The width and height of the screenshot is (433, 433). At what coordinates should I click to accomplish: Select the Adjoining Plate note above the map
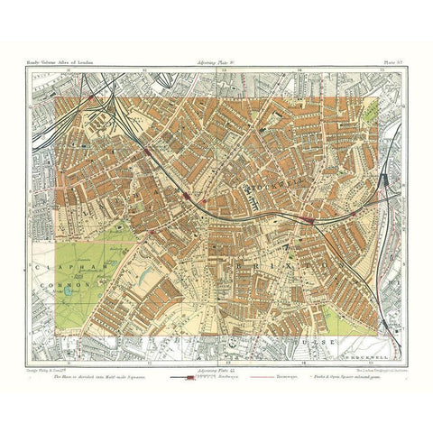click(216, 69)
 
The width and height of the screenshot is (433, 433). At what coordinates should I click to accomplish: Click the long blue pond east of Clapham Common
click(147, 266)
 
